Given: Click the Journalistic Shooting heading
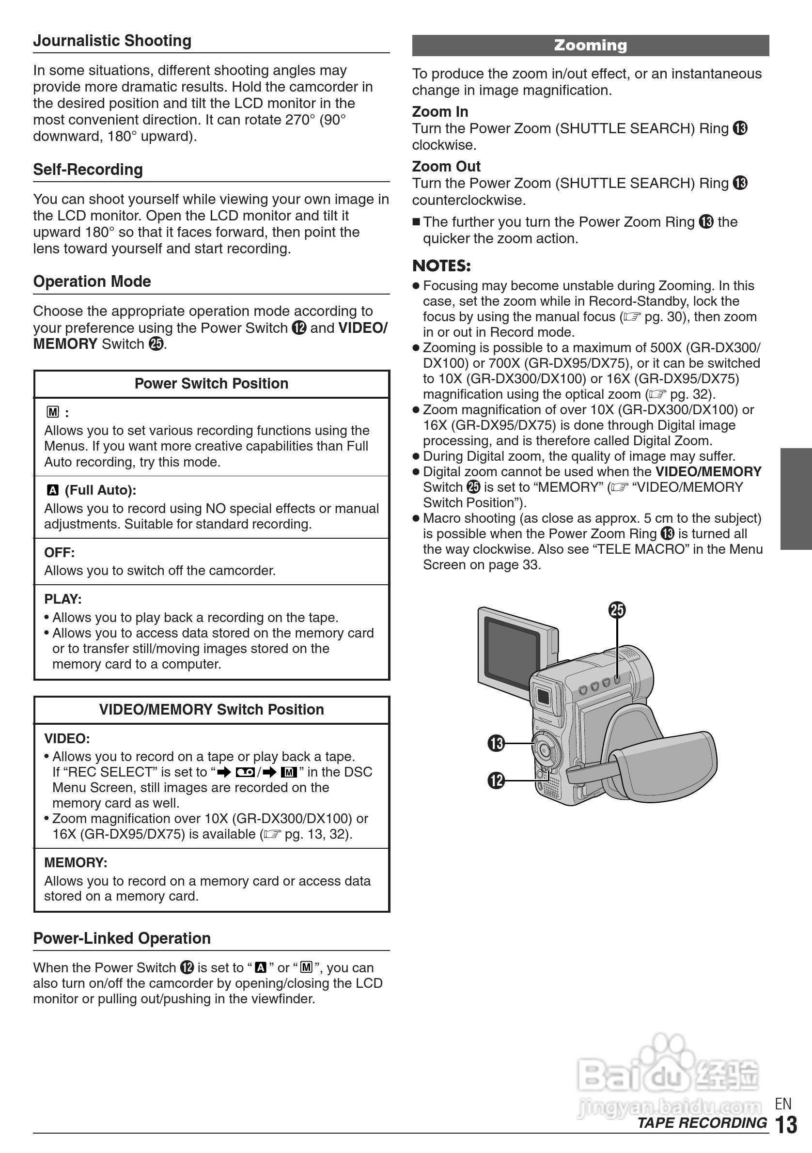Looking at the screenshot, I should pos(112,41).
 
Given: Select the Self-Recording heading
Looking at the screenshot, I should pos(88,170).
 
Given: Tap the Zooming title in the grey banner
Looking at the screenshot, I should pos(590,45).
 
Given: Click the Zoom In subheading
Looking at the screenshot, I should pos(440,111).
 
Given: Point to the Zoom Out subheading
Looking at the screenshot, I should pos(446,166).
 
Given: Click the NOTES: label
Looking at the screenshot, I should pos(441,265).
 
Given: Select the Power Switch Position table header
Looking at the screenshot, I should pos(211,384).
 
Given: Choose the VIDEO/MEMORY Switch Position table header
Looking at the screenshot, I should pos(211,710).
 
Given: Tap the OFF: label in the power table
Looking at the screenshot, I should pos(59,553).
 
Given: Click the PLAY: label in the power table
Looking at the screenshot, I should pos(63,599).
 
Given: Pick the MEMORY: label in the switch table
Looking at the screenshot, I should pos(75,863).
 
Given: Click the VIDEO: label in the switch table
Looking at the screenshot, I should pos(67,739).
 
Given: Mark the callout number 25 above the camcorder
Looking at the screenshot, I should pos(617,610).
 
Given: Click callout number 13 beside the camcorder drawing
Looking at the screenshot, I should pos(496,743).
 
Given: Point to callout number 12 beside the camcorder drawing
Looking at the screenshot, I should pos(496,780).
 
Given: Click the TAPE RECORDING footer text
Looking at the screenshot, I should pos(702,1123).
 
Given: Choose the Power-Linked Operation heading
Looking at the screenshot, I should pos(122,938).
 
